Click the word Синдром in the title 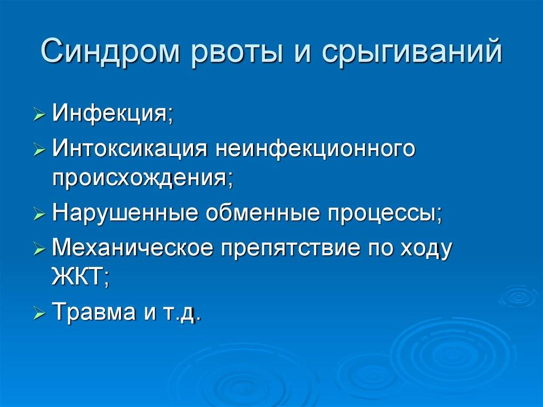click(x=110, y=52)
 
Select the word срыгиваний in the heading click(x=411, y=52)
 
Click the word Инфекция click(x=112, y=114)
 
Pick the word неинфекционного click(x=315, y=150)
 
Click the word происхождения click(x=142, y=179)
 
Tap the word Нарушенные click(x=125, y=213)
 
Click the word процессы click(x=385, y=214)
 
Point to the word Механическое click(x=132, y=247)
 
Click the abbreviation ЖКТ click(x=80, y=278)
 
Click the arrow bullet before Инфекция click(x=39, y=115)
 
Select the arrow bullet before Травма click(x=39, y=313)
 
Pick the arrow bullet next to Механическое click(x=39, y=248)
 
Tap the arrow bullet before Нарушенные click(x=39, y=214)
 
